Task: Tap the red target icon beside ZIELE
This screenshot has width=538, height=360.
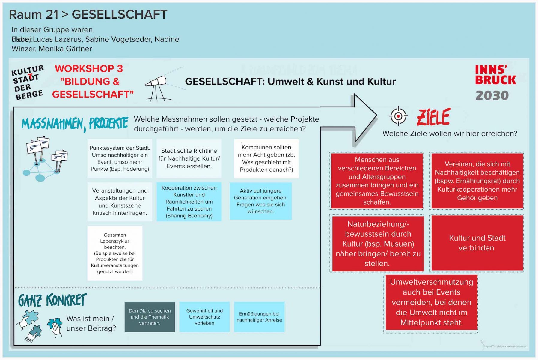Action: click(398, 116)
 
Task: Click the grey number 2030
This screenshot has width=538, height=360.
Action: click(492, 96)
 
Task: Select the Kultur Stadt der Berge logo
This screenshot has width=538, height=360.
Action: click(28, 82)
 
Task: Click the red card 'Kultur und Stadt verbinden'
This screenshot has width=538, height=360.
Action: click(477, 243)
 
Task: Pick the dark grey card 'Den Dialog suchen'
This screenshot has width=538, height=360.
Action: click(150, 317)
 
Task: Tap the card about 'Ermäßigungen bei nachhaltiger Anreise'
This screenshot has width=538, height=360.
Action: click(259, 317)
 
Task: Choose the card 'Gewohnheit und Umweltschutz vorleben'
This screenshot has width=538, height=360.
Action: click(204, 317)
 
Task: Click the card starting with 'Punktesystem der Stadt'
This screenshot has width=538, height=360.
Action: click(120, 158)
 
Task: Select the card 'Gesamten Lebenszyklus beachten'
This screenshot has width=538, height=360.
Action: click(115, 253)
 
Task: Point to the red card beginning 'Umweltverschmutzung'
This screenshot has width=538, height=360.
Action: click(431, 302)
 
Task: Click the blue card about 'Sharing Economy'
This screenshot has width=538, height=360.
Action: click(189, 202)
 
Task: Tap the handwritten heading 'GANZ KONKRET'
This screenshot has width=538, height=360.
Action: click(52, 300)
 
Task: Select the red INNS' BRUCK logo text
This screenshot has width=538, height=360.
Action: click(495, 75)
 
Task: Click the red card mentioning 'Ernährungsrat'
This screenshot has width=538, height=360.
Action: click(477, 181)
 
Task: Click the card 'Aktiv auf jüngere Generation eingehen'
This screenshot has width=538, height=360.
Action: click(260, 201)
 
